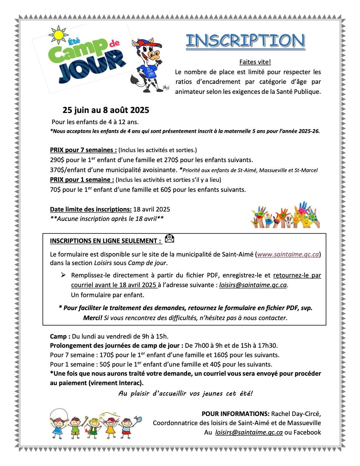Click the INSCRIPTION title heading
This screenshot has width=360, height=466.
245,41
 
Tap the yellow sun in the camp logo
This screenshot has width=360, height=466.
59,34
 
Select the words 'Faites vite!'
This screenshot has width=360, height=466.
255,62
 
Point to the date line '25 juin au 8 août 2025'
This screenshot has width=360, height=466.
106,110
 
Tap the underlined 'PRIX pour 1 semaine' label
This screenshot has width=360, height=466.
82,179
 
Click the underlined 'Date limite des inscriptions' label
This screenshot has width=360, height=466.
91,209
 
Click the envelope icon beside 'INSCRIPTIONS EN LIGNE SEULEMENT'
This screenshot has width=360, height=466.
169,239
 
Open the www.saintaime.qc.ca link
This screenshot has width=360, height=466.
288,254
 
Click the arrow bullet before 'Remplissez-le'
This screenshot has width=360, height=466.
63,275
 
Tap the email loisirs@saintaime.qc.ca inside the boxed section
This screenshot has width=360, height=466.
253,285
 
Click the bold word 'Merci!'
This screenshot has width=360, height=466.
93,318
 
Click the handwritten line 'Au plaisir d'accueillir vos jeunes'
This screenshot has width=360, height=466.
185,393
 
